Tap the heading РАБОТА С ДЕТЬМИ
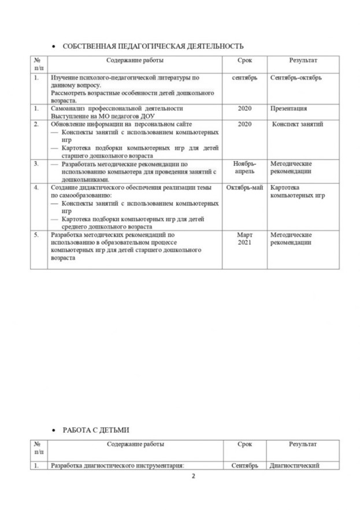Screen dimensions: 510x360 pyautogui.click(x=95, y=430)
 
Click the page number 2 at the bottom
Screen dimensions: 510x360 pyautogui.click(x=194, y=477)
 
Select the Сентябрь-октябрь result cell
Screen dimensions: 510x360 pyautogui.click(x=296, y=77)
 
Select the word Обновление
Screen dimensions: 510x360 pyautogui.click(x=71, y=124)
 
